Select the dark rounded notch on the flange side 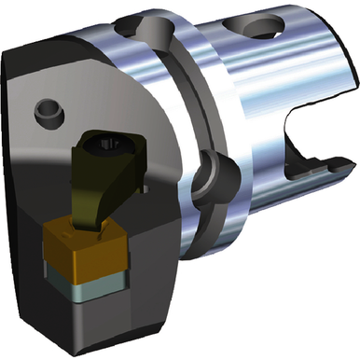tap(211, 172)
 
